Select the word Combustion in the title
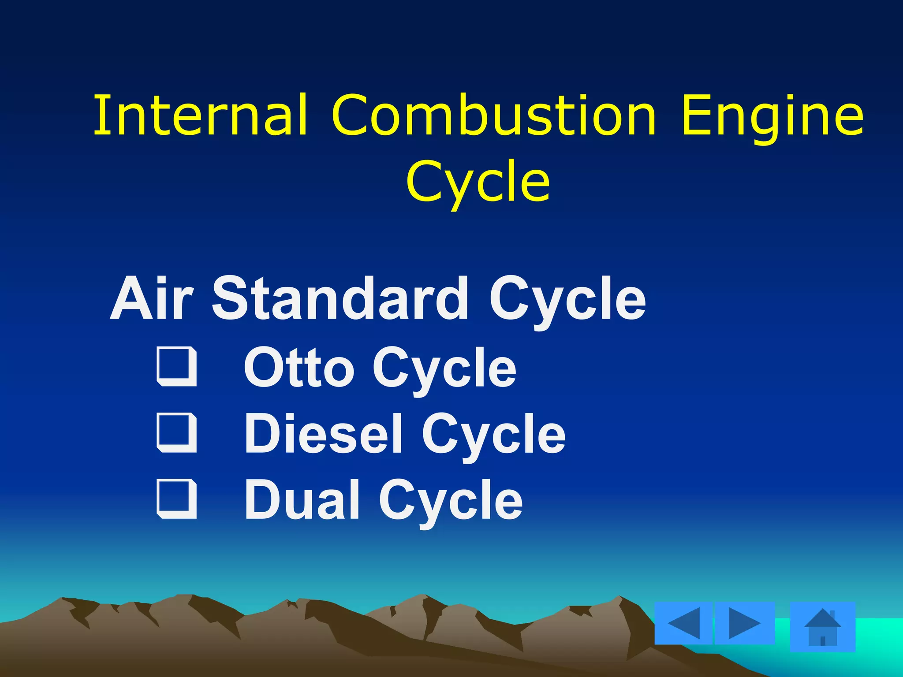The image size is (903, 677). click(x=494, y=115)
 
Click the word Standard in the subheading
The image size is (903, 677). click(x=340, y=298)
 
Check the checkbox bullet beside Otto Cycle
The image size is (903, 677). click(x=177, y=367)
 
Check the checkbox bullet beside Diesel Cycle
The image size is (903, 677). click(x=177, y=433)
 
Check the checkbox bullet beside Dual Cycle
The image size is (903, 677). click(x=177, y=498)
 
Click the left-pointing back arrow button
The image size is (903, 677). click(x=684, y=623)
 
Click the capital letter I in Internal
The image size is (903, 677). click(x=101, y=115)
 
